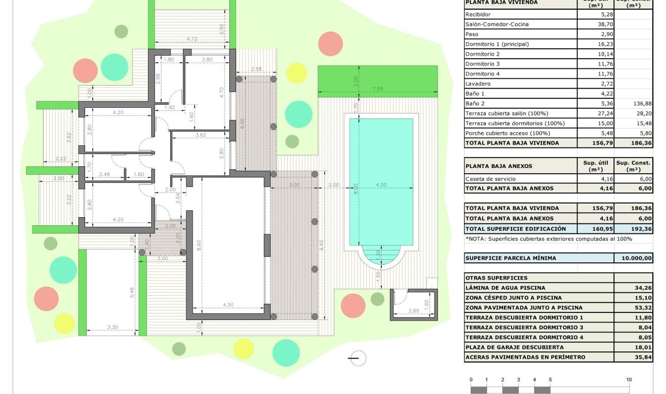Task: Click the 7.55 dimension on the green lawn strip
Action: [377, 89]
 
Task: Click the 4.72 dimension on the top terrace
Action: [192, 39]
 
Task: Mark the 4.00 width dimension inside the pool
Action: [381, 185]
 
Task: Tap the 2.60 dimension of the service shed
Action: [413, 310]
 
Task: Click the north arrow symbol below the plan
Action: [358, 358]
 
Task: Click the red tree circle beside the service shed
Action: [353, 305]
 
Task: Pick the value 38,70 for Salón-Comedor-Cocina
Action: [595, 24]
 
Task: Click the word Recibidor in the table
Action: [478, 14]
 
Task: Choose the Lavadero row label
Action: [478, 84]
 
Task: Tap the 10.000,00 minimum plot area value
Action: [633, 258]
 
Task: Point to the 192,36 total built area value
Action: [633, 228]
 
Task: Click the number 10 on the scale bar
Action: [629, 380]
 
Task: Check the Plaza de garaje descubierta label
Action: [514, 347]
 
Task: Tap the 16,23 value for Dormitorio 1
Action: [595, 44]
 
